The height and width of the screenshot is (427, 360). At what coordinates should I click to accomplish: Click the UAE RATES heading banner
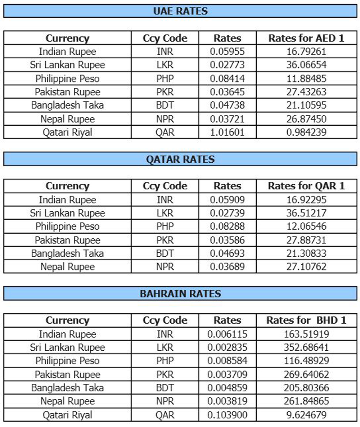pyautogui.click(x=180, y=11)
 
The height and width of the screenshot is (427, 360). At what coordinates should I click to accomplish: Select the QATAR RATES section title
pyautogui.click(x=180, y=159)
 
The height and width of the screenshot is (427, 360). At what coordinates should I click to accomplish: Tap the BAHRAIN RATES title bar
pyautogui.click(x=180, y=293)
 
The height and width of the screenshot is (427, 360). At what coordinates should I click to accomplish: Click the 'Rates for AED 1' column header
pyautogui.click(x=306, y=38)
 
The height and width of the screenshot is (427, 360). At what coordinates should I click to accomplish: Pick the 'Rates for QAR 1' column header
pyautogui.click(x=306, y=186)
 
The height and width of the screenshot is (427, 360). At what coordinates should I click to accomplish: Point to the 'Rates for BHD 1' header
pyautogui.click(x=306, y=320)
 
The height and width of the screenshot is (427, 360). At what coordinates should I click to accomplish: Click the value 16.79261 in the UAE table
pyautogui.click(x=306, y=51)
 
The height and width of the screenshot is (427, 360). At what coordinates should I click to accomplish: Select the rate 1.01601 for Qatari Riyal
pyautogui.click(x=227, y=132)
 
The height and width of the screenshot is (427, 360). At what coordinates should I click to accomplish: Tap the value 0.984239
pyautogui.click(x=306, y=132)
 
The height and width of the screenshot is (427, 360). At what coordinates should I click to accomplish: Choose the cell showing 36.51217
pyautogui.click(x=306, y=213)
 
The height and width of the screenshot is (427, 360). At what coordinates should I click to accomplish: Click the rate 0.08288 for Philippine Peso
pyautogui.click(x=227, y=226)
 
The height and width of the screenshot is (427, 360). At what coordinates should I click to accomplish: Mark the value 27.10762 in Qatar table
pyautogui.click(x=306, y=267)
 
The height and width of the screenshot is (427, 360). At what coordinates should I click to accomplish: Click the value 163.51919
pyautogui.click(x=306, y=334)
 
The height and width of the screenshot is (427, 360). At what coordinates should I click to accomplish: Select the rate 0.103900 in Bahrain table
pyautogui.click(x=227, y=415)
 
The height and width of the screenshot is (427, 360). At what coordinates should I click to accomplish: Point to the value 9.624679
pyautogui.click(x=306, y=415)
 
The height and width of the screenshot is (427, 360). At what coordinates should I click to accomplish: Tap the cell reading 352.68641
pyautogui.click(x=306, y=347)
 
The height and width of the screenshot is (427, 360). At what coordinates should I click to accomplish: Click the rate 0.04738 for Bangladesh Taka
pyautogui.click(x=227, y=105)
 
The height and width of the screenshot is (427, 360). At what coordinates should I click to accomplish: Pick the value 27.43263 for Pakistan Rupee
pyautogui.click(x=306, y=92)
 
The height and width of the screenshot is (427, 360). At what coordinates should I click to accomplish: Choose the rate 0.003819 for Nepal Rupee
pyautogui.click(x=227, y=401)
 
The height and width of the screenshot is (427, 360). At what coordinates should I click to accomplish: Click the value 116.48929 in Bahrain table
pyautogui.click(x=306, y=361)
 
